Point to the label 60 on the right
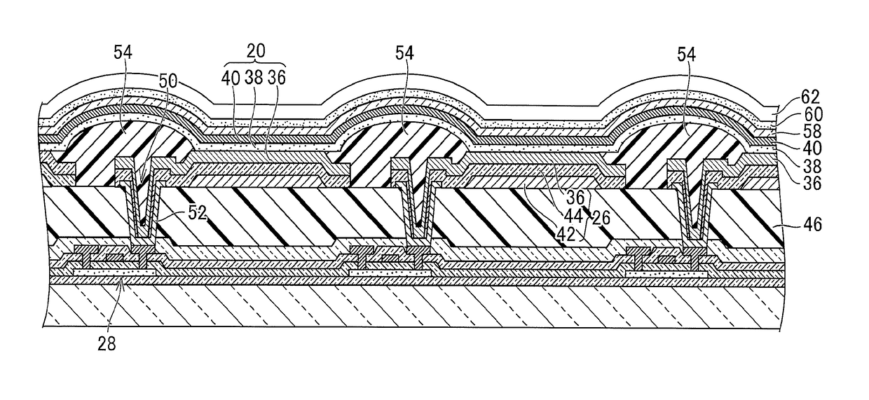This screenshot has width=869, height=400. coord(793,113)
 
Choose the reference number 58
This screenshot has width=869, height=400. coord(793,131)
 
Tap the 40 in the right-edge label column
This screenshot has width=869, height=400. coord(793,149)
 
